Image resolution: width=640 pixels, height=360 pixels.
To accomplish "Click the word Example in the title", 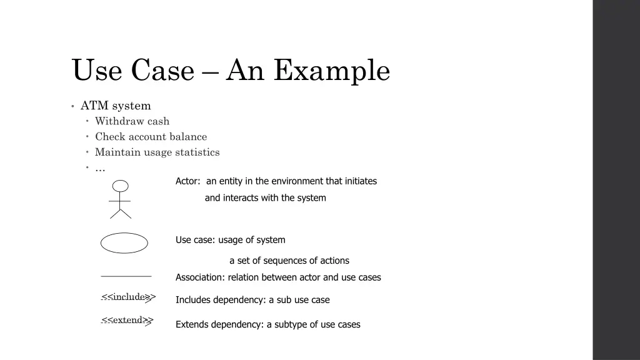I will point(331,71).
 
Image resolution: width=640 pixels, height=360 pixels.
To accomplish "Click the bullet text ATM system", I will point(116,106).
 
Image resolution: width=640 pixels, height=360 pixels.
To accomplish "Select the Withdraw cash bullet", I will point(132,121).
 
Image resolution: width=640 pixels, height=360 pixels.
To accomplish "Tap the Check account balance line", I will point(151,137).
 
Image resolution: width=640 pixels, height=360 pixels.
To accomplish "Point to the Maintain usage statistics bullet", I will point(157,152).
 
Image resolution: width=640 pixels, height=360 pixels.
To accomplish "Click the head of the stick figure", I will point(120,186).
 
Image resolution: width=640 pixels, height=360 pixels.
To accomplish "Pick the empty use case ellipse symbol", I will point(124,243).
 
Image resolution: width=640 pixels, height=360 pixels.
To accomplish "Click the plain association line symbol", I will point(126,276).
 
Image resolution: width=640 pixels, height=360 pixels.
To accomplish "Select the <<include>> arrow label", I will point(128,297).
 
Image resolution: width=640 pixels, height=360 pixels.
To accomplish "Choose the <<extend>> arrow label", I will point(127,321).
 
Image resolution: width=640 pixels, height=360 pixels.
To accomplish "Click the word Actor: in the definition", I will point(188,181).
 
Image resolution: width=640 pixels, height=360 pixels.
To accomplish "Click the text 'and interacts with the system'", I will point(265,198).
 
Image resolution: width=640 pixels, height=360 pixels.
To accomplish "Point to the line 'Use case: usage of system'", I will point(230,240).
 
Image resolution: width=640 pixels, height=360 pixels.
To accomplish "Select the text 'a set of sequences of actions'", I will point(289,261).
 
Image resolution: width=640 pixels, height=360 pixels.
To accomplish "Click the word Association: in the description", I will point(201,277).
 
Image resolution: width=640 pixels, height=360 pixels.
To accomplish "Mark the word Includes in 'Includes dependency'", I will point(193,300).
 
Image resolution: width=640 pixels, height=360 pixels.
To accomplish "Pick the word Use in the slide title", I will point(97,71).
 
